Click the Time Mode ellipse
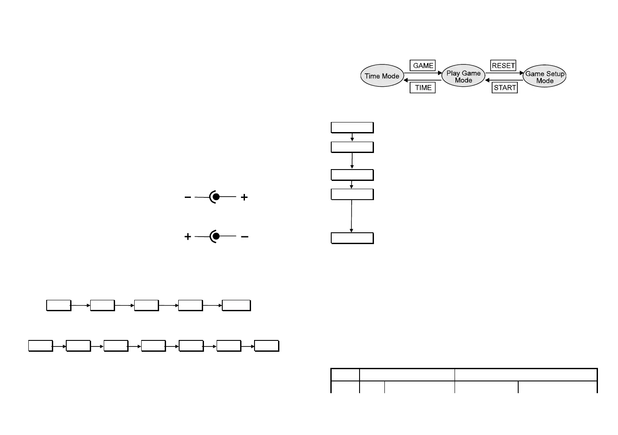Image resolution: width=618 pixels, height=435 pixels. pos(382,76)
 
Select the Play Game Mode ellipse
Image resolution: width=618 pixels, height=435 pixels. pos(463,77)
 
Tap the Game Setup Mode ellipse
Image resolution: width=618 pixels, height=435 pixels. pos(544,77)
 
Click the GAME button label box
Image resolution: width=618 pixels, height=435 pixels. pos(423,66)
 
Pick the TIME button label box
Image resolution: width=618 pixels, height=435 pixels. pos(423,88)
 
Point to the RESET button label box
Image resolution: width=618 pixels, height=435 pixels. pos(503,66)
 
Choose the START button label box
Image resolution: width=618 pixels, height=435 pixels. pos(505,88)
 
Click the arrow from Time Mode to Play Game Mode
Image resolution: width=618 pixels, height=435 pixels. pos(423,73)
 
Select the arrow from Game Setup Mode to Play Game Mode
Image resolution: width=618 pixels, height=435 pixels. pos(504,80)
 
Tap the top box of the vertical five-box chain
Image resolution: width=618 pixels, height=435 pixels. pos(352,127)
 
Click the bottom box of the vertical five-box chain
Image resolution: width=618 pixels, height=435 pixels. pos(352,238)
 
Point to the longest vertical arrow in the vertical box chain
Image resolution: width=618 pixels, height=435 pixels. pos(352,216)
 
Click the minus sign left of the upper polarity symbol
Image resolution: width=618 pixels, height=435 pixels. pos(187,197)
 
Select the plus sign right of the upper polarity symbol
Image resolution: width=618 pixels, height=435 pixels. pos(244,197)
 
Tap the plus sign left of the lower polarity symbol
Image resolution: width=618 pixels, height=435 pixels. pos(187,237)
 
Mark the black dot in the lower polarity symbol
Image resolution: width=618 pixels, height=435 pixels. pos(216,237)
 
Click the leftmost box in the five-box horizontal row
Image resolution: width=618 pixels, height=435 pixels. pos(58,305)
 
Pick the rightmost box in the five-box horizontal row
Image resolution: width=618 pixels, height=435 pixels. pos(236,305)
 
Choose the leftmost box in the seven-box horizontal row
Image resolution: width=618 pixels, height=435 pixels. pos(41,346)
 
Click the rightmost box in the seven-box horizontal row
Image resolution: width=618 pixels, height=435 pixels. pos(266,346)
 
